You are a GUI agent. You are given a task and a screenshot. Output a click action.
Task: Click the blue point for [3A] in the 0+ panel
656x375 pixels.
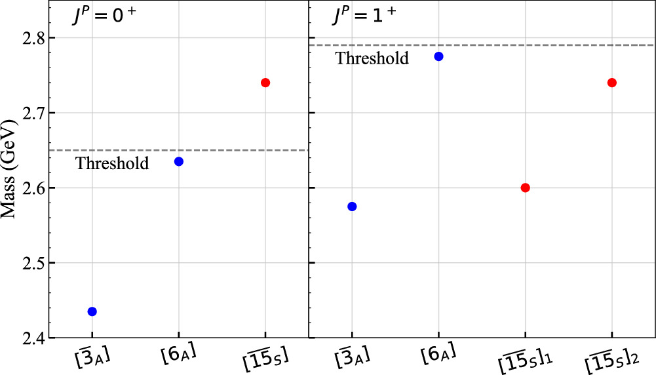[92, 311]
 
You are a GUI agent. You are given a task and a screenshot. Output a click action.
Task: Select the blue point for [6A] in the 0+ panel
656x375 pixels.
[178, 161]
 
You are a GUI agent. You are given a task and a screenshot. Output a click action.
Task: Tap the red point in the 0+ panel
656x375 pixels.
[265, 83]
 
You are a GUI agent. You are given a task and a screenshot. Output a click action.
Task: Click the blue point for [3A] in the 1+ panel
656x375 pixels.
[352, 207]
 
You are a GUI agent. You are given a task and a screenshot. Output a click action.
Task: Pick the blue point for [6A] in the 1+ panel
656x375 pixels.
[438, 56]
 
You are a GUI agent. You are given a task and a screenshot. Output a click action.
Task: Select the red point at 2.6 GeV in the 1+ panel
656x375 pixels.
[525, 187]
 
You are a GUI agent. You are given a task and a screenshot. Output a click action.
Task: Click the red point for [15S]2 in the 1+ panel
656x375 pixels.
[612, 83]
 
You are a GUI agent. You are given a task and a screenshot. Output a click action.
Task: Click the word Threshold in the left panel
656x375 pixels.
[112, 164]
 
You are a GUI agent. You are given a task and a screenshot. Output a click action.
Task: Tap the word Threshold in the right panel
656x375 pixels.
[372, 58]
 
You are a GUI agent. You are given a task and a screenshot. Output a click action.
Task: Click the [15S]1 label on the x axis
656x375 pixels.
[524, 358]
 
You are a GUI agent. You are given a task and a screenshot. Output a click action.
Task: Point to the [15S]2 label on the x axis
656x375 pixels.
[611, 358]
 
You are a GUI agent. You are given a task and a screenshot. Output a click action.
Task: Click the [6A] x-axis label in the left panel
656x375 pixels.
[178, 357]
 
